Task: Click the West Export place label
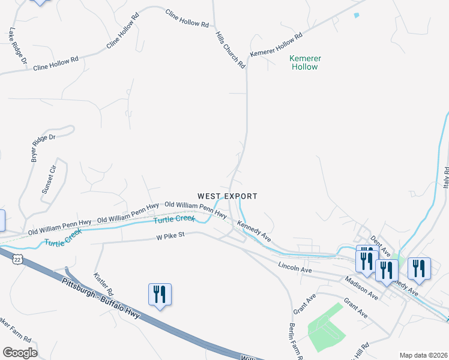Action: pyautogui.click(x=228, y=196)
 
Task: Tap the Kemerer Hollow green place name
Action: pyautogui.click(x=305, y=62)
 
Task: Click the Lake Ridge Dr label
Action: pyautogui.click(x=17, y=46)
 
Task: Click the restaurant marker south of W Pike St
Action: pyautogui.click(x=160, y=295)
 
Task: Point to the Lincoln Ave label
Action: pyautogui.click(x=295, y=267)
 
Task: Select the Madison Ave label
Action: pyautogui.click(x=361, y=288)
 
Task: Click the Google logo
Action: pyautogui.click(x=20, y=353)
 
